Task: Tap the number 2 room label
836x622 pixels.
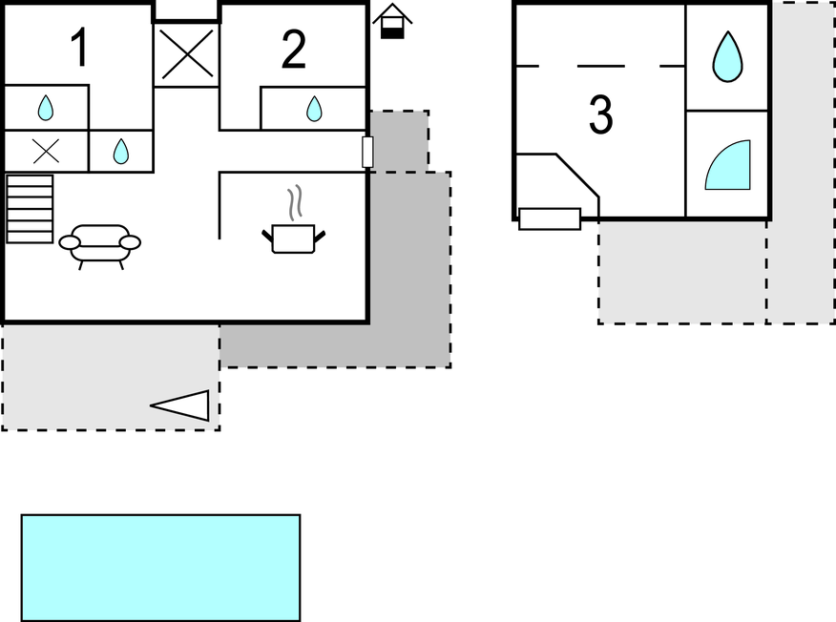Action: tap(294, 50)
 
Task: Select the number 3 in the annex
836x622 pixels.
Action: tap(600, 114)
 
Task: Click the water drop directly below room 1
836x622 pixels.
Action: tap(46, 108)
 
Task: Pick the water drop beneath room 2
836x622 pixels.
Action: tap(314, 109)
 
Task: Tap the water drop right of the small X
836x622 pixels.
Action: tap(121, 152)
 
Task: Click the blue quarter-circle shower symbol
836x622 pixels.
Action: tap(730, 167)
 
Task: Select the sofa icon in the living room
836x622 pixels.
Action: tap(100, 244)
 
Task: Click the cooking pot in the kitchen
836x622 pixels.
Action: tap(293, 238)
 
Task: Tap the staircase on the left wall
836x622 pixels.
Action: tap(30, 208)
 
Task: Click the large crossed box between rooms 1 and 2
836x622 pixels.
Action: tap(187, 53)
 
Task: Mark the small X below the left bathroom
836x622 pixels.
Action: tap(46, 151)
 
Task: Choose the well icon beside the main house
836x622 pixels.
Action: tap(391, 21)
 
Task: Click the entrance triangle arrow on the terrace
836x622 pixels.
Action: tap(183, 405)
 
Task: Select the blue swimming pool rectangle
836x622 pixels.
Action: tap(160, 568)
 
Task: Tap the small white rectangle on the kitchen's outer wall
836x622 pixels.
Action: tap(367, 152)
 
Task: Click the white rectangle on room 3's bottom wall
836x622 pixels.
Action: tap(550, 218)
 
